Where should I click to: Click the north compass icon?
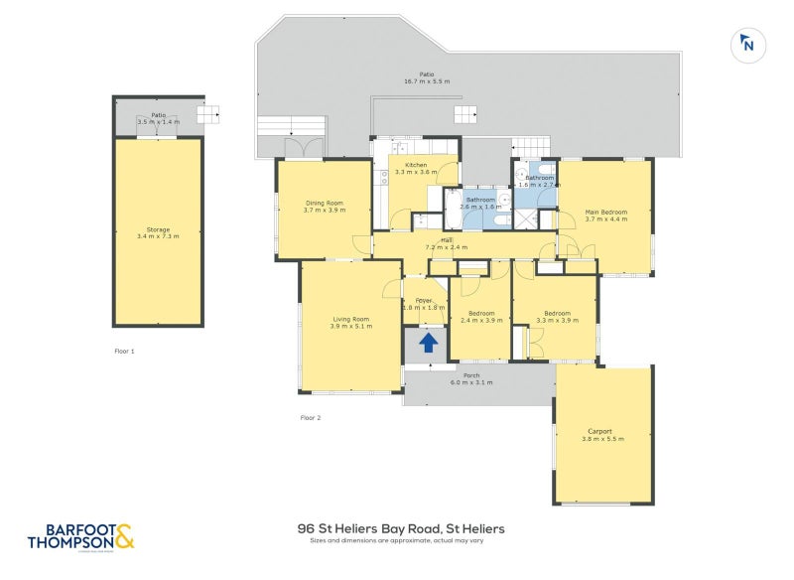[747, 44]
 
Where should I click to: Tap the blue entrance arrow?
[428, 343]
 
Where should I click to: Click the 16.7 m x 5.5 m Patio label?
[427, 77]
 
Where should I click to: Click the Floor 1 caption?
[124, 352]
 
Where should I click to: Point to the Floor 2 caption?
[311, 418]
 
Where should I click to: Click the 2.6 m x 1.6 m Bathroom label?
[480, 203]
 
